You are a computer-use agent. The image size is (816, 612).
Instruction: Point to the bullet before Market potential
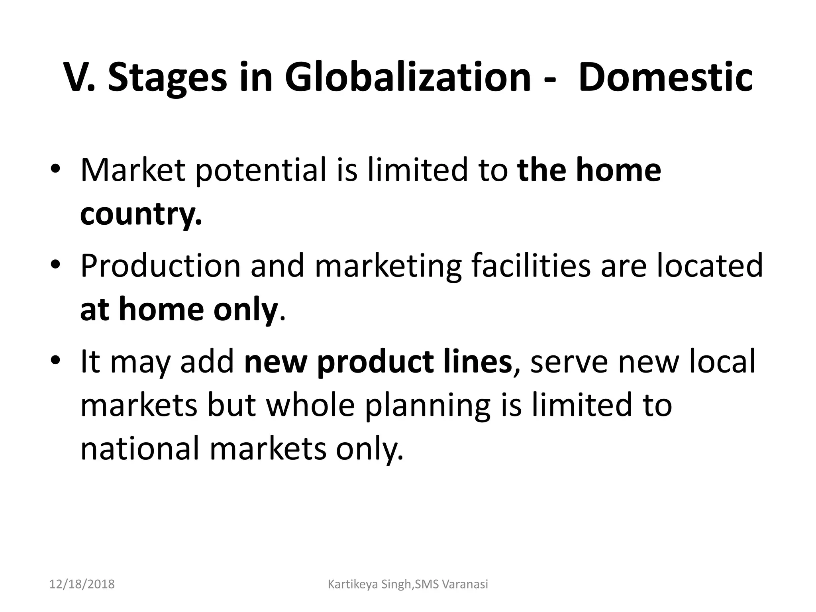[x=55, y=169]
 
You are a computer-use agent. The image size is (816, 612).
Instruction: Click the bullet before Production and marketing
[x=55, y=265]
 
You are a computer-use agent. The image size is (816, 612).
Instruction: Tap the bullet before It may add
[x=55, y=360]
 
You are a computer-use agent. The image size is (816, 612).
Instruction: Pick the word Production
[x=161, y=265]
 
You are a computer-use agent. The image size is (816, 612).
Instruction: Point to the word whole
[x=310, y=405]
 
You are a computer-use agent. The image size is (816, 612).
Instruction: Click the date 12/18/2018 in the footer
[x=82, y=585]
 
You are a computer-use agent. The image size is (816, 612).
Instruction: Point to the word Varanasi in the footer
[x=465, y=585]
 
